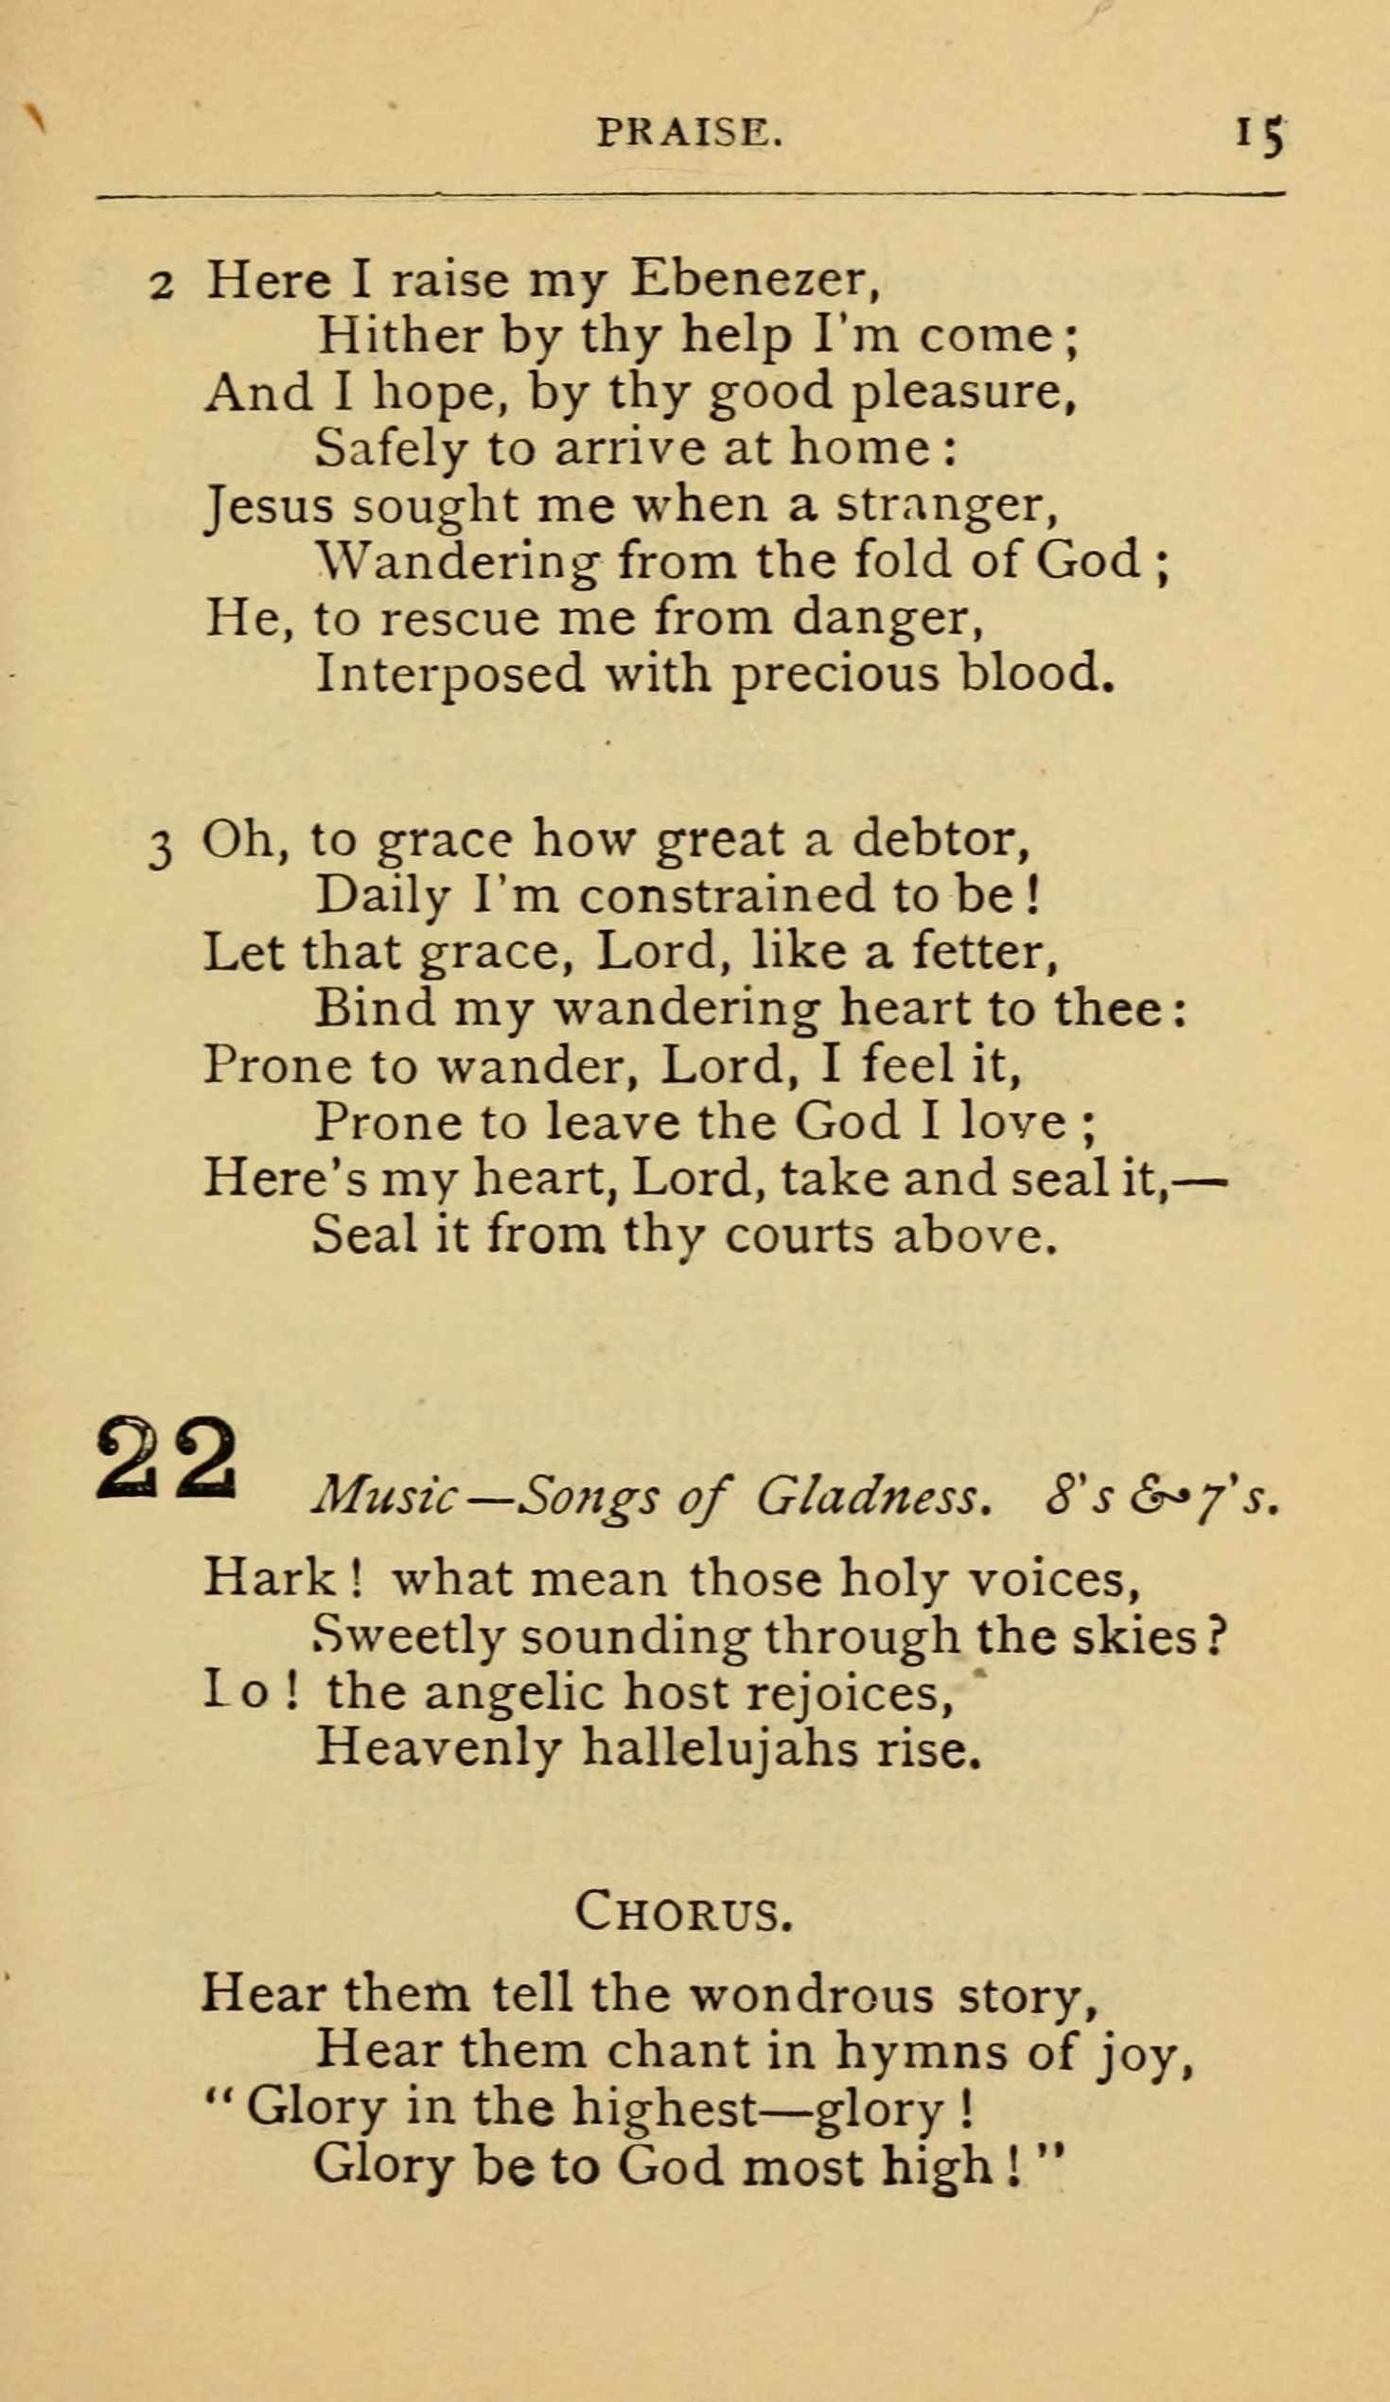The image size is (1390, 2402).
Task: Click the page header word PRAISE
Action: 689,132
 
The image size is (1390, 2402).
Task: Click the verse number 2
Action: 161,285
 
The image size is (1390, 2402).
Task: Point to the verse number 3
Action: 161,848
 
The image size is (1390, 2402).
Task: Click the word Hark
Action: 268,1581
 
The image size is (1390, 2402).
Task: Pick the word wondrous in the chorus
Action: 812,1995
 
